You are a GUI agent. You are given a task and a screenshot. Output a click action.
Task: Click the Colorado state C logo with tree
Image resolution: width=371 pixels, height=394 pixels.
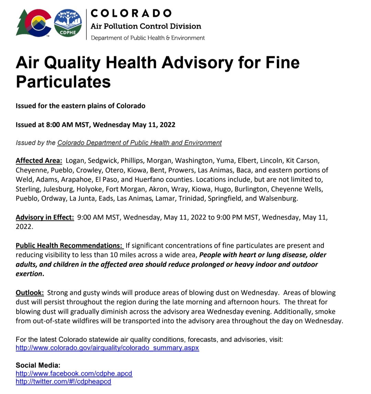coord(34,23)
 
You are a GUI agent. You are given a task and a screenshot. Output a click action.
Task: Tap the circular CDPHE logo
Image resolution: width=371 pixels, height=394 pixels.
coord(68,23)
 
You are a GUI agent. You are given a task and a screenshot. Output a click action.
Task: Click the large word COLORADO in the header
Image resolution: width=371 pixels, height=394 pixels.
coord(131,13)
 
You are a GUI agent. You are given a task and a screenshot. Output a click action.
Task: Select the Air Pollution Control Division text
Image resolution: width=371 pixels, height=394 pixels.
coord(146,26)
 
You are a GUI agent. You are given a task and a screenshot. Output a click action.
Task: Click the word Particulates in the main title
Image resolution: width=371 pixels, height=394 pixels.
coord(63,82)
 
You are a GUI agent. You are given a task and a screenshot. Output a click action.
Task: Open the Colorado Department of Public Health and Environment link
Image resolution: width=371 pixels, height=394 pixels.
coord(139,143)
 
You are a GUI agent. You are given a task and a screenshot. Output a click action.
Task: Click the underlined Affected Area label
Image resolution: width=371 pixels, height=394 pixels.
coord(39,161)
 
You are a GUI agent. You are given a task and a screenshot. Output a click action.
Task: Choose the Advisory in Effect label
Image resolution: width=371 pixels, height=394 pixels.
coord(45,217)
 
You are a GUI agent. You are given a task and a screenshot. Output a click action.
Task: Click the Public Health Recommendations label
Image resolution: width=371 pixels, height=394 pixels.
coord(69,246)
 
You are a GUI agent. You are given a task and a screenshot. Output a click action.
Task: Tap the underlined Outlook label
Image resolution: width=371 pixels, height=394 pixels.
coord(30,293)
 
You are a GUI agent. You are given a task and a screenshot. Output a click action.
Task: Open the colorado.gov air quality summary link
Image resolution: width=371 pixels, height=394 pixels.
coord(107,348)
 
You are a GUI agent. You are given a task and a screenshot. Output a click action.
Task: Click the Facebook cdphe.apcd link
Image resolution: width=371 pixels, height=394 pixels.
coord(74,374)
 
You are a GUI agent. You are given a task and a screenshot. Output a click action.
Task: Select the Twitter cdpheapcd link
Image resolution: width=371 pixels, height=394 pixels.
coord(64,381)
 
